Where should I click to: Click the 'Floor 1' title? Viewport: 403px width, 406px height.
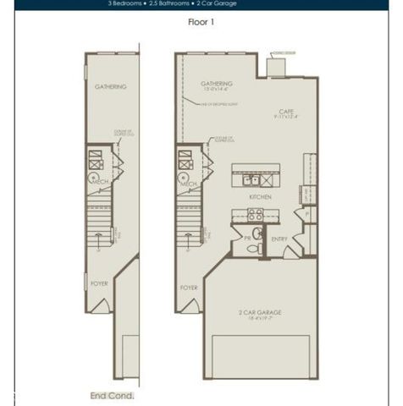click(201, 22)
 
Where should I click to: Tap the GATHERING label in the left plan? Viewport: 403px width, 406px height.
click(110, 86)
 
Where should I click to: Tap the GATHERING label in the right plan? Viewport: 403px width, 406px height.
click(217, 84)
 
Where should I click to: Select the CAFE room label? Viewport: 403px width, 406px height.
click(286, 112)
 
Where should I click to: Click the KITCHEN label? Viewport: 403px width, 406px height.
click(260, 196)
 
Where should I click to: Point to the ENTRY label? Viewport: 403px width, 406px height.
click(279, 239)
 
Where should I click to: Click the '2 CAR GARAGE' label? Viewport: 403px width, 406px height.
click(259, 312)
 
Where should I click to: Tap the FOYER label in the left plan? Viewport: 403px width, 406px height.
click(99, 283)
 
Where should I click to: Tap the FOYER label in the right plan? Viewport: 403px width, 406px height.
click(189, 288)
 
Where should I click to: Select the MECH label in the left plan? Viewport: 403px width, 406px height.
click(99, 181)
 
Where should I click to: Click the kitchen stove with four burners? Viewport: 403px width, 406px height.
click(255, 215)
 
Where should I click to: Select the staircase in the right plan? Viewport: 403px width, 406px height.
click(188, 222)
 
